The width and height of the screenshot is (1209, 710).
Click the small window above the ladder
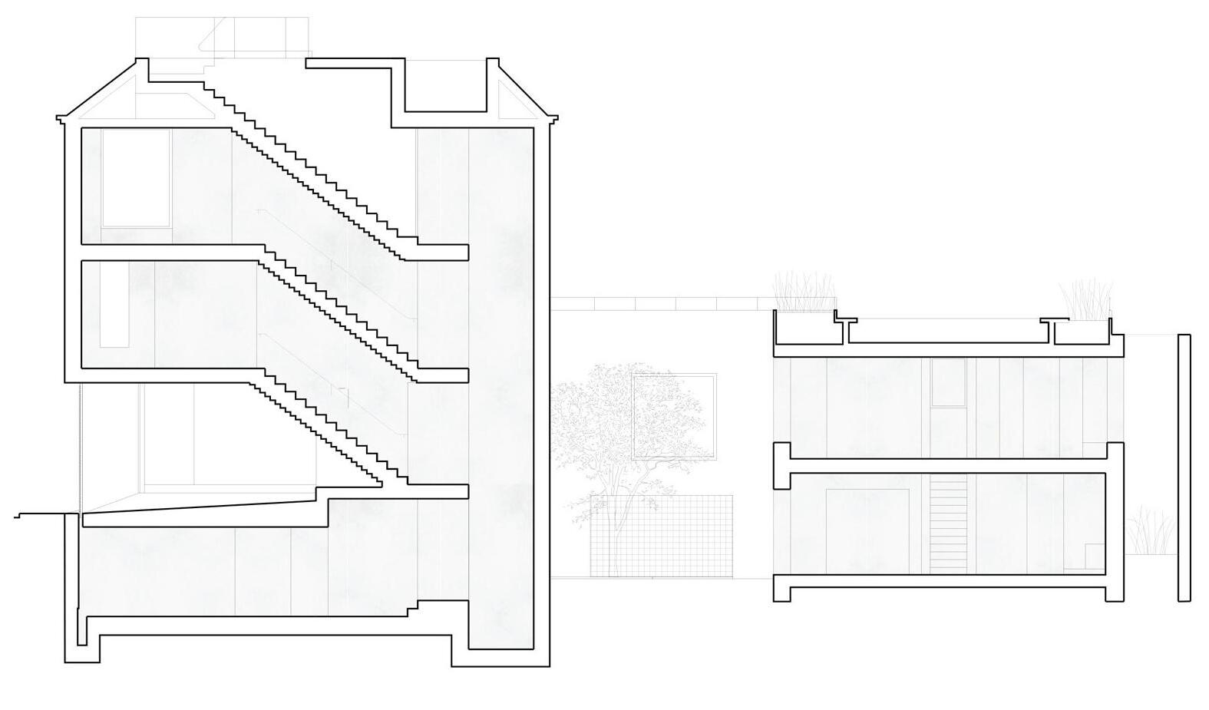(948, 382)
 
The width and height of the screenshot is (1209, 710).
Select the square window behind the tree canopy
(674, 416)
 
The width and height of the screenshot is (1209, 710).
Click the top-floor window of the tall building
(136, 178)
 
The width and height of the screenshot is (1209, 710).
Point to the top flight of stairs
(307, 169)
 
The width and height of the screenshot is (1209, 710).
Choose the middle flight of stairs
(338, 311)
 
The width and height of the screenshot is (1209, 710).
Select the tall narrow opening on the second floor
(113, 303)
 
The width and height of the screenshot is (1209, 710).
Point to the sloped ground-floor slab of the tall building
(200, 514)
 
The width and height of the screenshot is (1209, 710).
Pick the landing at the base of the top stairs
(441, 252)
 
